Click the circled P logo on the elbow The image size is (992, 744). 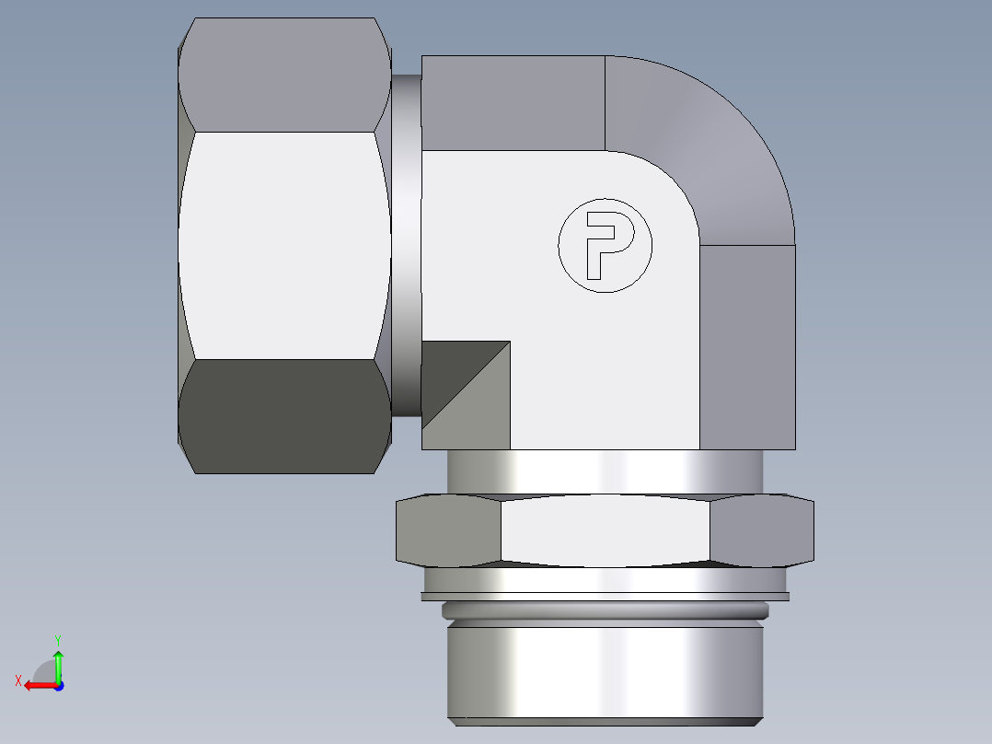tap(605, 245)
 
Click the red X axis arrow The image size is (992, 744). tap(35, 685)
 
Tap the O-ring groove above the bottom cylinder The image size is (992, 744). tap(604, 610)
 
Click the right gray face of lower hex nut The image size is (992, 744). tap(761, 530)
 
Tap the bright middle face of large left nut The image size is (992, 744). tap(283, 244)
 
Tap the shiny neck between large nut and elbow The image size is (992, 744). tap(406, 244)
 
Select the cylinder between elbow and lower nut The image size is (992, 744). tap(604, 472)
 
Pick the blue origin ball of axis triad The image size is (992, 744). tap(58, 685)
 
